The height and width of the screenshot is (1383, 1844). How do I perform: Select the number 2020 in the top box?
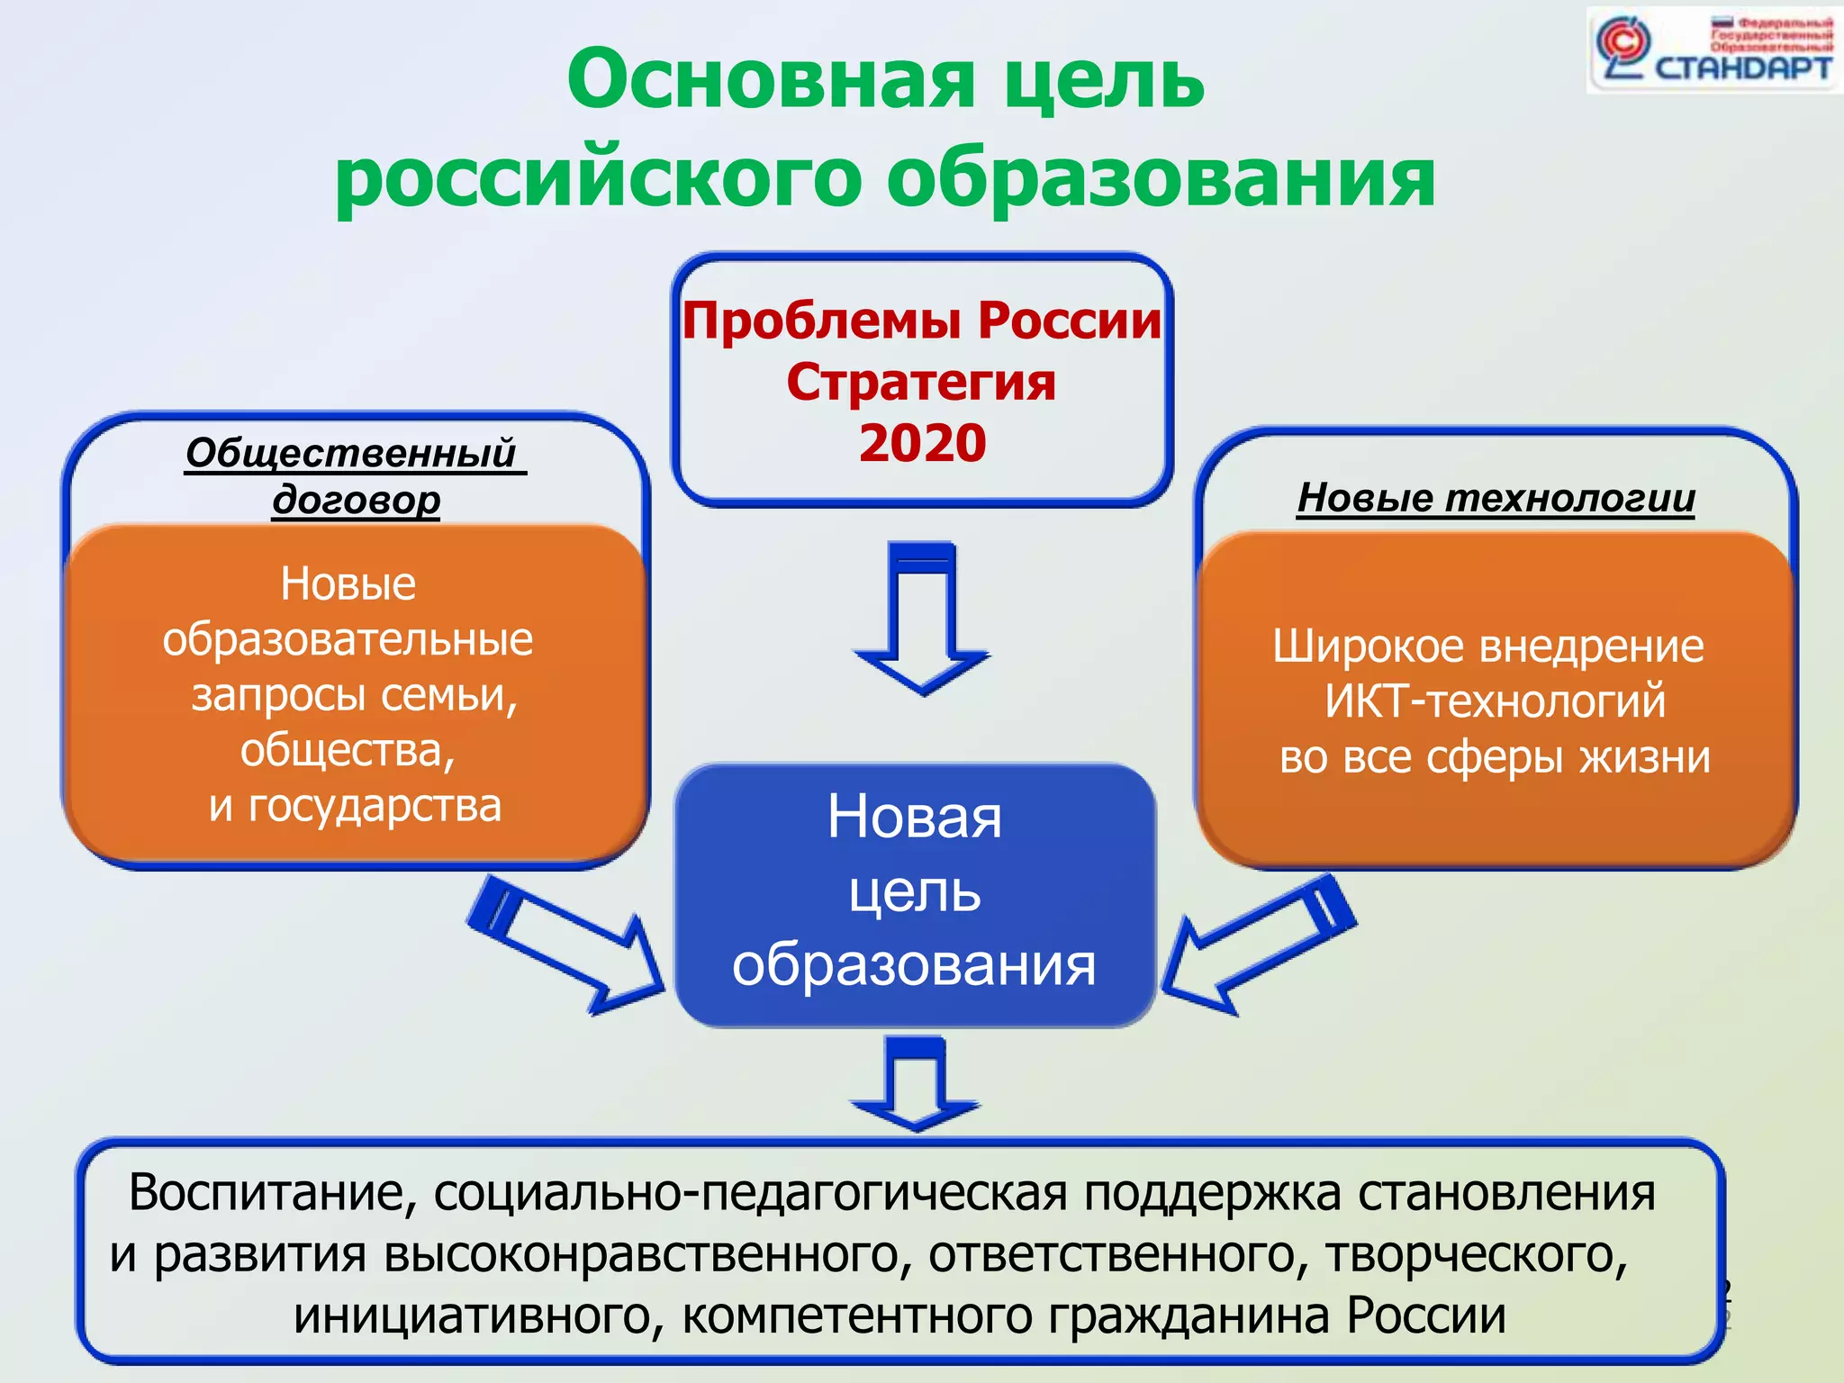(x=922, y=443)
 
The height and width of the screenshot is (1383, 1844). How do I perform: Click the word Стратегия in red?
(x=921, y=382)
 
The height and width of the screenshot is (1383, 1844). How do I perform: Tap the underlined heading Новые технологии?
(x=1496, y=498)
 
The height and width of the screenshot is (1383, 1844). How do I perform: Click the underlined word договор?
(x=357, y=500)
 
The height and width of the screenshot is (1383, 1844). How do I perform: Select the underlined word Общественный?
(x=351, y=453)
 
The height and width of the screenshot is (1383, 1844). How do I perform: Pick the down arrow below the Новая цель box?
(x=916, y=1084)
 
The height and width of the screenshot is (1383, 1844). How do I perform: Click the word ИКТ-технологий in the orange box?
(x=1495, y=701)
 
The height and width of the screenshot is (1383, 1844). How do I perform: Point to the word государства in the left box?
(x=375, y=806)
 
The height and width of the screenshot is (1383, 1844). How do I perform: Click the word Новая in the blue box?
(x=914, y=818)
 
